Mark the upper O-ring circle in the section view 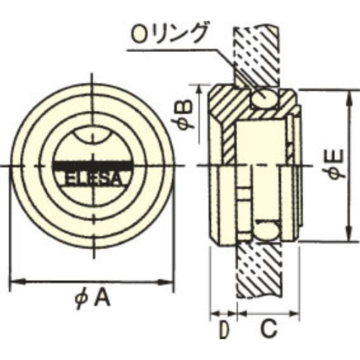click(264, 99)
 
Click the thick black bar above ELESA click(92, 166)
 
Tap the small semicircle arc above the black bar click(93, 137)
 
